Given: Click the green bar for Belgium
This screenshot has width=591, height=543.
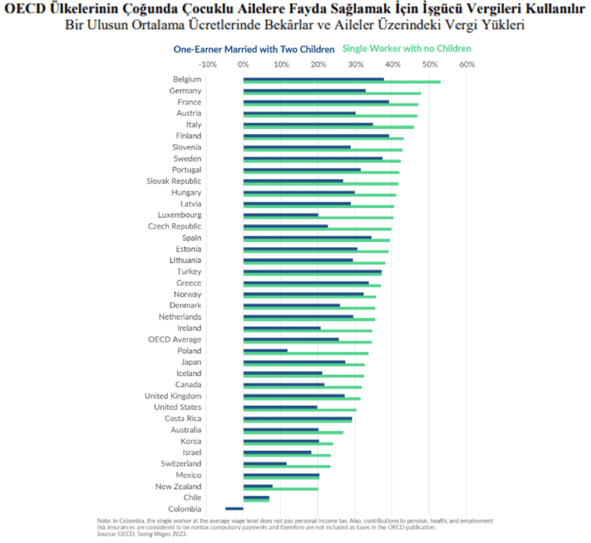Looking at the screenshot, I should coord(342,82).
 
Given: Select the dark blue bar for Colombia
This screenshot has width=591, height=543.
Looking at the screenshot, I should coord(234,508).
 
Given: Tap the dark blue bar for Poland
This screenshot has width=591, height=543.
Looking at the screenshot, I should coord(265,350).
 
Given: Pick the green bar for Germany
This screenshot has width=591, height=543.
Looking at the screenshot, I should coord(332,93).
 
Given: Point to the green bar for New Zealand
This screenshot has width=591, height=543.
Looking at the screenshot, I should coord(281,488).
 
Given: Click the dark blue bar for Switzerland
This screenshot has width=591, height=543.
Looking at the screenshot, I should coord(264,463).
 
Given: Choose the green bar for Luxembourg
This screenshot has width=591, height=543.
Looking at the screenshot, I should coord(318,218).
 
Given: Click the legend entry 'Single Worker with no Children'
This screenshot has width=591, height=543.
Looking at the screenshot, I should coord(407,48).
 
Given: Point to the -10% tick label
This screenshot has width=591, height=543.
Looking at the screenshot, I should coord(207,64).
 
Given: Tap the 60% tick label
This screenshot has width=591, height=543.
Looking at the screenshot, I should coord(467,64).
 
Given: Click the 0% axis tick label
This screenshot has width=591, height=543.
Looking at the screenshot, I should coord(244,64).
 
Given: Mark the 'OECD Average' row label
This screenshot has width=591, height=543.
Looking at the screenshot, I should coord(175,339).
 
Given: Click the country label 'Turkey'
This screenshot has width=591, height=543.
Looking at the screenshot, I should coord(189,271).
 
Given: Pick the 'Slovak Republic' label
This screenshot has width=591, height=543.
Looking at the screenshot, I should coord(174,181).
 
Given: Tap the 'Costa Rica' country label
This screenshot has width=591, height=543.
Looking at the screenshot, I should coord(183,418).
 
